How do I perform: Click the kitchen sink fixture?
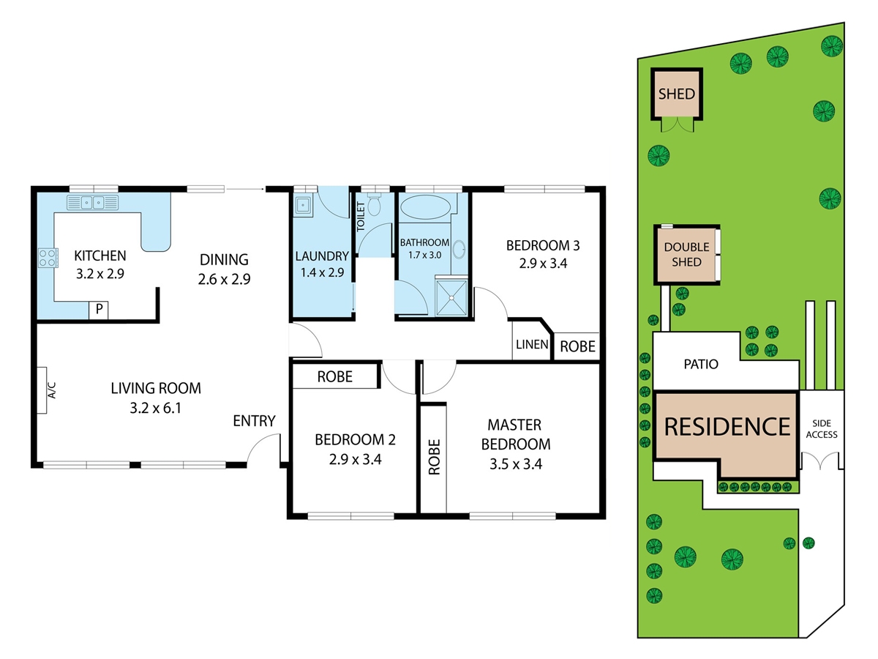tap(93, 203)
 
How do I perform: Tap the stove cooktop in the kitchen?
tap(48, 258)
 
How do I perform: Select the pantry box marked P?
tap(98, 310)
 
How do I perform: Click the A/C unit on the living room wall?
tap(42, 390)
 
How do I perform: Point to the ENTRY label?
tap(255, 421)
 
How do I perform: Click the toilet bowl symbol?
tap(375, 205)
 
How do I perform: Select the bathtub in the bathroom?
tap(425, 207)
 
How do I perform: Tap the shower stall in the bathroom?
tap(451, 297)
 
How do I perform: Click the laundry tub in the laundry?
tap(304, 206)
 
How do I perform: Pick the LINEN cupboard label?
tap(532, 344)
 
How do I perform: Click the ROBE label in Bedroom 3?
tap(577, 346)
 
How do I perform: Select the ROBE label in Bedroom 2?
tap(335, 376)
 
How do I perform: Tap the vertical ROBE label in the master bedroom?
tap(435, 457)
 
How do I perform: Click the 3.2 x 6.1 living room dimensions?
tap(156, 408)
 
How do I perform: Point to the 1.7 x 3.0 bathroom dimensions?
tap(425, 256)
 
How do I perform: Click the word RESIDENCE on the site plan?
tap(727, 427)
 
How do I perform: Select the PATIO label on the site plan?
tap(701, 364)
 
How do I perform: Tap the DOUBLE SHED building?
tap(687, 255)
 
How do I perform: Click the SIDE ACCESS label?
tap(822, 429)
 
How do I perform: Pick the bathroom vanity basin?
tap(459, 250)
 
